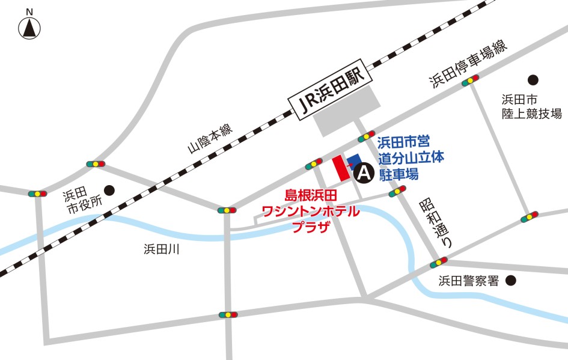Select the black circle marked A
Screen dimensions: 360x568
pyautogui.click(x=364, y=174)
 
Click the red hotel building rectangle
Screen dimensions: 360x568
pyautogui.click(x=341, y=168)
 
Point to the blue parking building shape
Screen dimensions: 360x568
pyautogui.click(x=355, y=160)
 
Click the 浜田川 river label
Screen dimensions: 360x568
pyautogui.click(x=162, y=249)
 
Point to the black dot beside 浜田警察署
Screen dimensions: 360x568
pyautogui.click(x=511, y=280)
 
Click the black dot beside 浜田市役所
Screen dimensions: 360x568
pyautogui.click(x=109, y=190)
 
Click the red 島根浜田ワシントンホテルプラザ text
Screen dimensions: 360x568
pyautogui.click(x=312, y=210)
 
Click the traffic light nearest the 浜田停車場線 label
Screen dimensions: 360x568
pyautogui.click(x=470, y=81)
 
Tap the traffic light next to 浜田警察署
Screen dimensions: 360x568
pyautogui.click(x=439, y=263)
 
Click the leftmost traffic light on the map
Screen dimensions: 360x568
pyautogui.click(x=37, y=194)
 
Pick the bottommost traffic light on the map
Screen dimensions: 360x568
pyautogui.click(x=228, y=314)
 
